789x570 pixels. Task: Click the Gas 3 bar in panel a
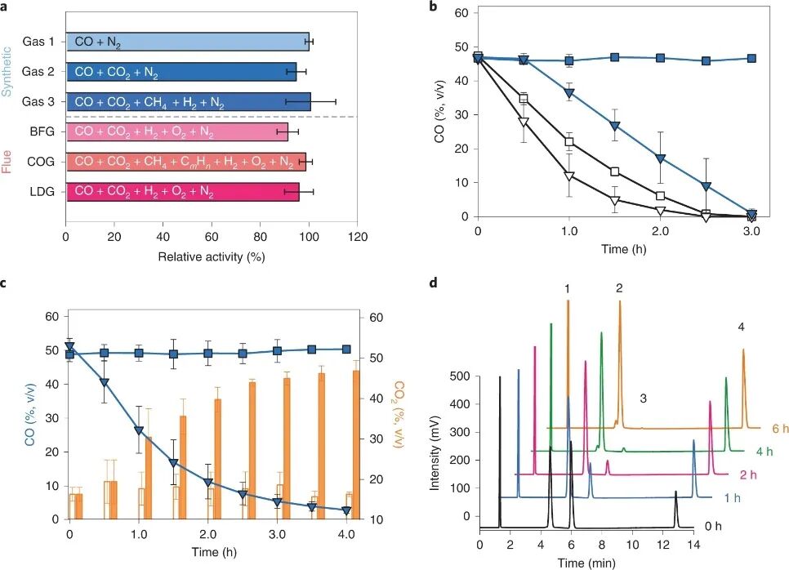coord(188,101)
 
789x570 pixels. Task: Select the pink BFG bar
coord(176,131)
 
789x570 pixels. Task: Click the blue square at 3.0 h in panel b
coord(751,59)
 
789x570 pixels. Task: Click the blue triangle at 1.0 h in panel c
coord(139,430)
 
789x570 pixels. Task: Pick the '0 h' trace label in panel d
coord(712,526)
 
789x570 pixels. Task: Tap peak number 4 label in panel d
coord(741,327)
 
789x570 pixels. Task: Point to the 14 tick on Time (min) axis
coord(693,546)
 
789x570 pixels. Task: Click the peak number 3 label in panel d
coord(643,399)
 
